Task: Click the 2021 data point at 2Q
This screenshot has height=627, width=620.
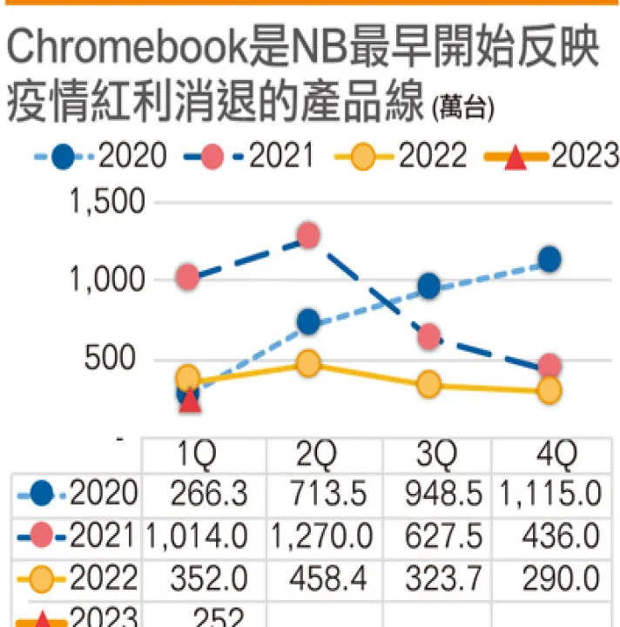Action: [307, 235]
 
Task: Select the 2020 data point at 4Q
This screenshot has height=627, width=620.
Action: [549, 259]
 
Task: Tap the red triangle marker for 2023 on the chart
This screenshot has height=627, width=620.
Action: [191, 399]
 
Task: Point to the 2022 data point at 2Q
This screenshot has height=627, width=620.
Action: [307, 363]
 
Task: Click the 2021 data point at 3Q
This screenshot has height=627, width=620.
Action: [428, 336]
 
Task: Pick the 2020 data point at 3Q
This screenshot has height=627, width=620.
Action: [428, 287]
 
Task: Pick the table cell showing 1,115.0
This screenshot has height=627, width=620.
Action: [549, 495]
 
